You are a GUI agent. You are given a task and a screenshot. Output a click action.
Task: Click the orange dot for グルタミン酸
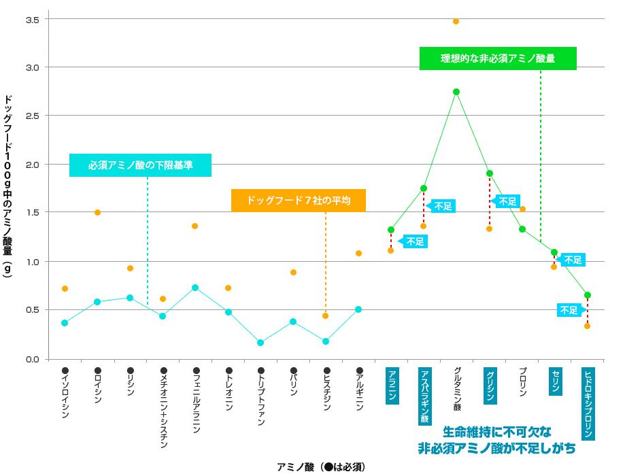(456, 22)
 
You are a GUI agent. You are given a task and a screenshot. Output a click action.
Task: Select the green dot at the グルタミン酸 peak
(456, 92)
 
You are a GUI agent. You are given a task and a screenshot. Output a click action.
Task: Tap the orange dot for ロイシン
(97, 212)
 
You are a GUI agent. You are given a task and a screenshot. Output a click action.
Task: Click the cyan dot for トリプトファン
(260, 343)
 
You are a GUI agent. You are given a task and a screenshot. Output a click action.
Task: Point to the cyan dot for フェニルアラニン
(195, 288)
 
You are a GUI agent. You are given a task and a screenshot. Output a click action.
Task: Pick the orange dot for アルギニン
(358, 253)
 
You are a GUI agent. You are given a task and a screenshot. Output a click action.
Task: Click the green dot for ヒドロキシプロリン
(587, 295)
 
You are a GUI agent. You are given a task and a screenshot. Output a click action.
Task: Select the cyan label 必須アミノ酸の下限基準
(140, 165)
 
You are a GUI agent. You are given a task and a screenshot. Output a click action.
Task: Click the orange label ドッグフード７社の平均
(299, 201)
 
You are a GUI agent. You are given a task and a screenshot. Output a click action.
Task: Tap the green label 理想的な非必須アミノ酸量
(498, 58)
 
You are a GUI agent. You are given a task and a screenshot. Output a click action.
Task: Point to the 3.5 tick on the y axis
(32, 19)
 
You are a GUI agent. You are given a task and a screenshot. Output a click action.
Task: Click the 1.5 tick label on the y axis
(32, 213)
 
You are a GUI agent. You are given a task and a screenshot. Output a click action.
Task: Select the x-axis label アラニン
(392, 386)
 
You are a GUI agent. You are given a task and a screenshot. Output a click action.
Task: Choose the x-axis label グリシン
(490, 386)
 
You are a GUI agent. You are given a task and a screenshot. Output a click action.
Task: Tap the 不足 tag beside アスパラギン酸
(443, 206)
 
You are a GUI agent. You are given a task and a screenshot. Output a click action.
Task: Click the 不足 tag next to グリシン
(507, 201)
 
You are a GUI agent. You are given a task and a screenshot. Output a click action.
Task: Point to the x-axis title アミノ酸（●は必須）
(321, 466)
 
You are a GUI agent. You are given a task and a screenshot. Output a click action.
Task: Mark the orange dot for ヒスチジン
(326, 316)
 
